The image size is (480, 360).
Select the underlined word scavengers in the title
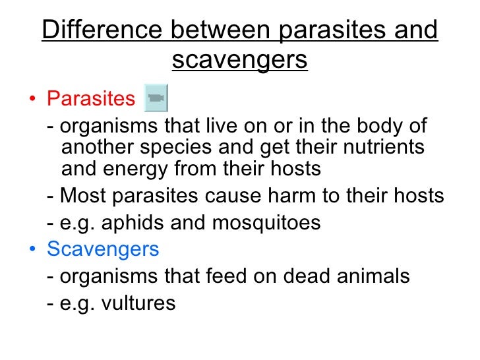[240, 60]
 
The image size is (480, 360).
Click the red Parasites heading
[90, 99]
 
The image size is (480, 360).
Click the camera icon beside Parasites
[156, 98]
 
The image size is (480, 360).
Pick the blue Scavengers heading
[103, 249]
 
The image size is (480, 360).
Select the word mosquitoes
[266, 223]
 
